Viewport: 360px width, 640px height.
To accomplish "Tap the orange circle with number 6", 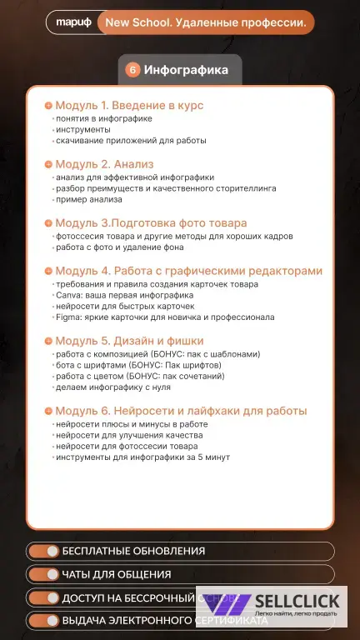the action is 132,70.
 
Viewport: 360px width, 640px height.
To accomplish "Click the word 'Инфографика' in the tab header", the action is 186,70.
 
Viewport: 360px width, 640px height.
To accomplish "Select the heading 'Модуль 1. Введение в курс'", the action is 129,106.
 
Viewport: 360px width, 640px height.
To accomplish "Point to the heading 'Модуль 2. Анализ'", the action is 104,164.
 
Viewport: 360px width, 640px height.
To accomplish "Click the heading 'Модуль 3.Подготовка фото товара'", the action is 151,223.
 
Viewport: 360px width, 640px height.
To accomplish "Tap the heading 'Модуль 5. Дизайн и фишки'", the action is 129,341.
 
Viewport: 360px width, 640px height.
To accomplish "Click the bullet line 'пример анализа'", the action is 91,200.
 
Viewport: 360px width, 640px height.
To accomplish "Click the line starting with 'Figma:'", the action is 164,317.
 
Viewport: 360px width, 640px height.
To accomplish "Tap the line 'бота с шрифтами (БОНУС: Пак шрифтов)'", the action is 138,365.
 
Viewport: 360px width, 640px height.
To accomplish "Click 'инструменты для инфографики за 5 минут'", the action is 142,457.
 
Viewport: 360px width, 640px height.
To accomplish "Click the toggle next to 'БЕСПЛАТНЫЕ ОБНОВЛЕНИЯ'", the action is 42,551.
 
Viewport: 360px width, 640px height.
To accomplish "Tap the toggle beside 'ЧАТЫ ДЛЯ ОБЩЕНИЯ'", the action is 42,574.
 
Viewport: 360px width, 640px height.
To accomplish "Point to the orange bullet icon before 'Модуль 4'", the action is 48,271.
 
